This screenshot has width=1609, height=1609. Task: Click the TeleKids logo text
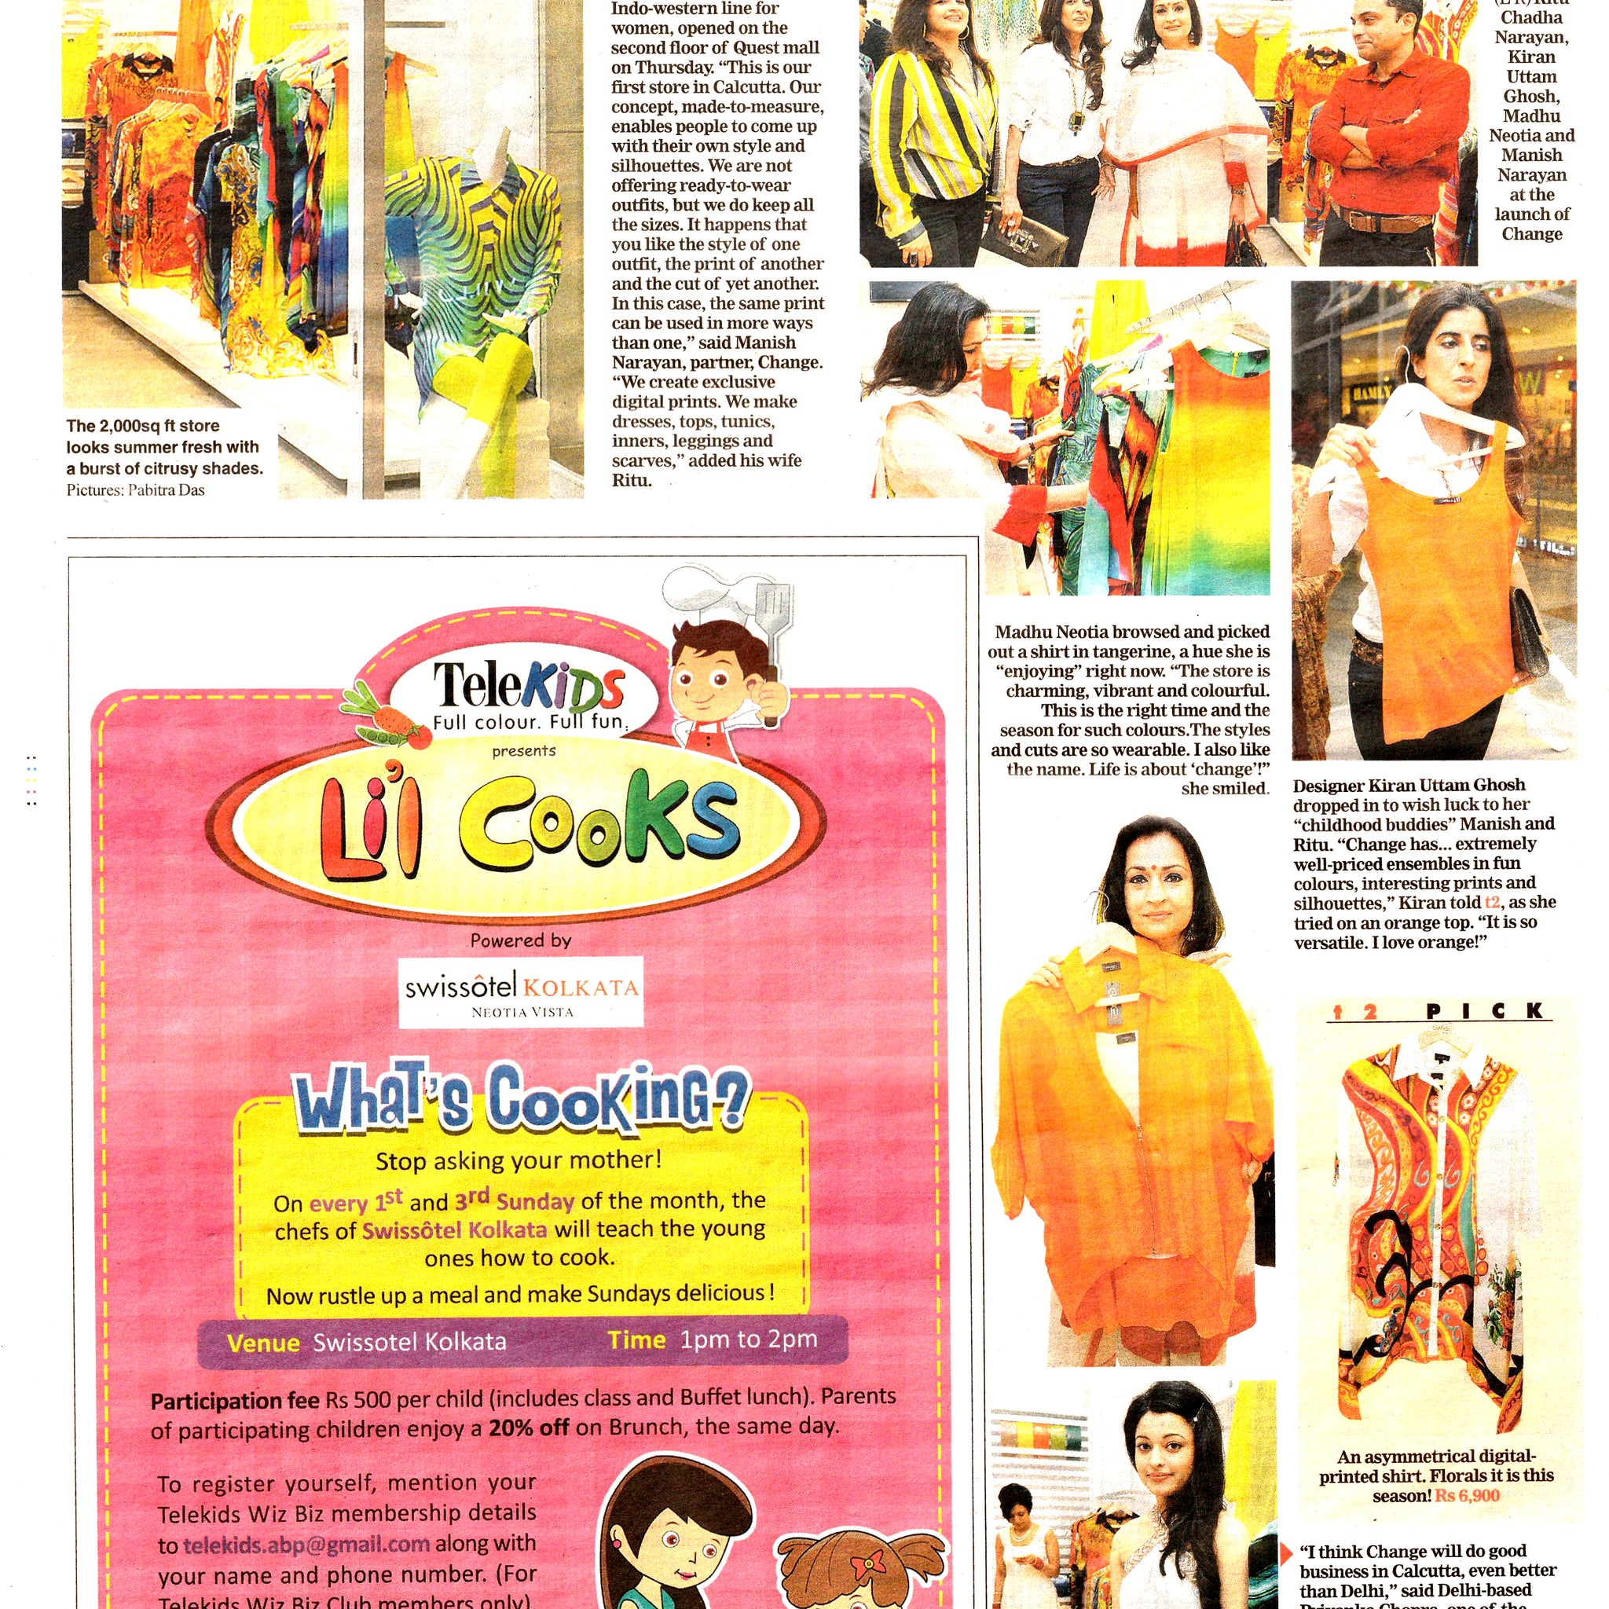click(x=528, y=686)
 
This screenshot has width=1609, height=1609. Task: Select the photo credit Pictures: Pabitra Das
click(x=135, y=489)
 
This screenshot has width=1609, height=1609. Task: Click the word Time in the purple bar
click(x=636, y=1340)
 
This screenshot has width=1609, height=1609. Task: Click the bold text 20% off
click(x=529, y=1428)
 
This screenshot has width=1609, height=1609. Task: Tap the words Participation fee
click(x=234, y=1401)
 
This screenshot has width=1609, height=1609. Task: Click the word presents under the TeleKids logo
click(x=523, y=750)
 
